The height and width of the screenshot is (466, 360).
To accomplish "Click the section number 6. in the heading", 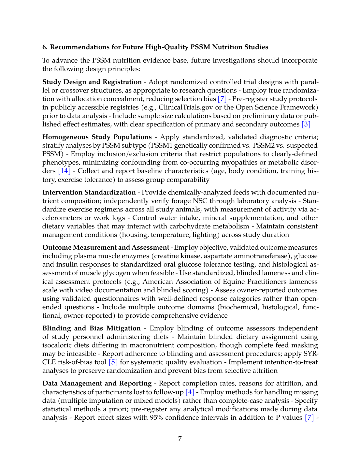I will tap(45, 47).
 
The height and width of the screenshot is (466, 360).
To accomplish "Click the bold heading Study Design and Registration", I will tap(92, 82).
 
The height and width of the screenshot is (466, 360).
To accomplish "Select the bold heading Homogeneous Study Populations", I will tap(97, 137).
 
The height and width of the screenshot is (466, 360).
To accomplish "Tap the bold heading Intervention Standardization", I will tap(89, 192).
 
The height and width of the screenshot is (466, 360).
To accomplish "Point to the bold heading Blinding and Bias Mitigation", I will tap(91, 328).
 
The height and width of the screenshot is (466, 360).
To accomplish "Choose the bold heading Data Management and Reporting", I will tap(97, 383).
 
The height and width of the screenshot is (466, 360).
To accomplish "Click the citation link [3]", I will tap(306, 124).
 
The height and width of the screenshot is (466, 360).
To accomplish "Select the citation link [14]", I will tap(64, 171).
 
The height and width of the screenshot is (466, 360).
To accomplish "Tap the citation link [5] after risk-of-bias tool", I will tap(113, 362).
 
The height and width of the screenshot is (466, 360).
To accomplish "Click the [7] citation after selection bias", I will tap(222, 99).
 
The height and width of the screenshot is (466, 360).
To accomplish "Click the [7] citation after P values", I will tap(309, 417).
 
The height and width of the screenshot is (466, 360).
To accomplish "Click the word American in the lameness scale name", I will tap(157, 282).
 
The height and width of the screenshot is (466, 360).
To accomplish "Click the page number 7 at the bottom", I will tap(180, 438).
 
